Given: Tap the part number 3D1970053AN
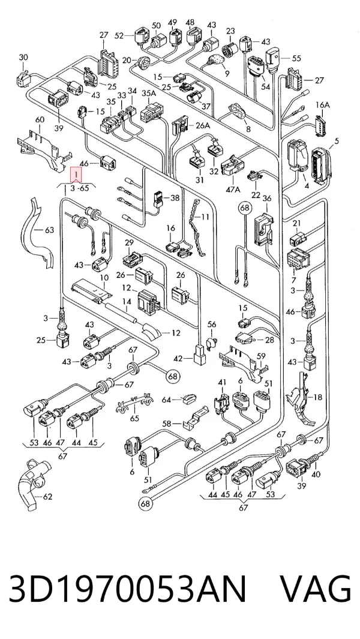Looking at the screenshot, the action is tap(128, 589).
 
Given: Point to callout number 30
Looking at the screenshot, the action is tap(23, 58).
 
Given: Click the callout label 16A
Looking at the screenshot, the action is tap(322, 105).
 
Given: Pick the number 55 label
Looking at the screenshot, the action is tap(296, 58).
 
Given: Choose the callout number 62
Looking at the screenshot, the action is tap(48, 497).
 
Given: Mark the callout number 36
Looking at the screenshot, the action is tap(266, 199).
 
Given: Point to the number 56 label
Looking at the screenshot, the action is tap(212, 324).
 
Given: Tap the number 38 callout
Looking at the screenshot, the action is tap(175, 198).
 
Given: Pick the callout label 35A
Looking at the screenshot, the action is tap(148, 94).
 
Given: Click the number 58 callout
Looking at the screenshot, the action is tap(167, 424).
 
